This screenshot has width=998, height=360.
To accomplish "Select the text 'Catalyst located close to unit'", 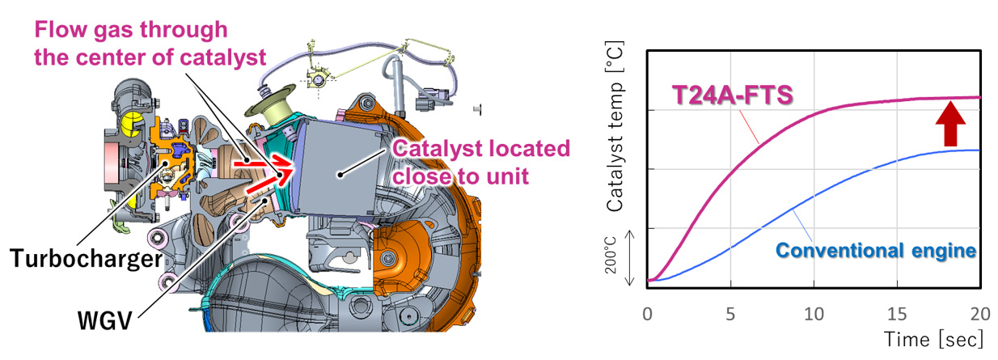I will pos(480,162).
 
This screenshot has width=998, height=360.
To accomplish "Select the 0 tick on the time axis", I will pos(647,312).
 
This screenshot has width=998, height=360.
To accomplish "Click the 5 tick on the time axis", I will pos(731,312).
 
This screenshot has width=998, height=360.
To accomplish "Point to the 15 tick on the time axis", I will pos(897,312).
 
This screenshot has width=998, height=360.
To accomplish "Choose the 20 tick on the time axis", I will pos(979,312).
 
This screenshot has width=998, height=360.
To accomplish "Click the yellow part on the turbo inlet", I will pos(129,121).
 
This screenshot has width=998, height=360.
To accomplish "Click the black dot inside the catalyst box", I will pos(340,172).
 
